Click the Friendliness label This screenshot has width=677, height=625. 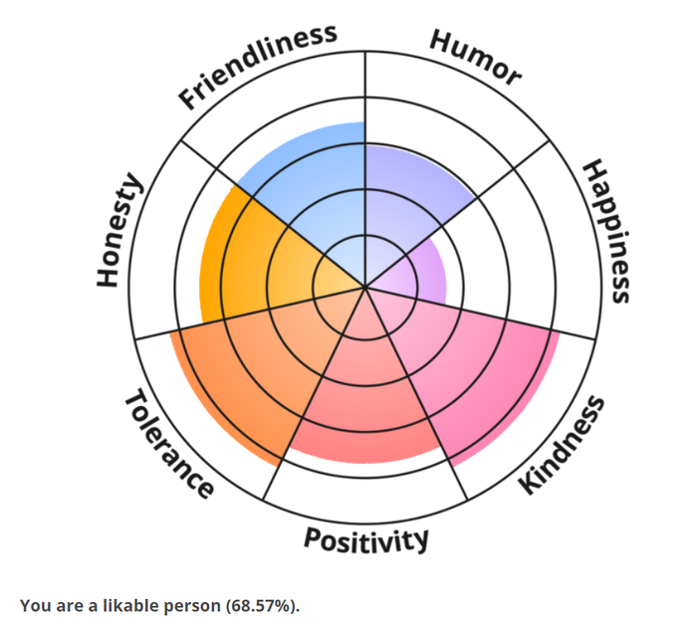257,66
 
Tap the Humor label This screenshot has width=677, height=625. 475,58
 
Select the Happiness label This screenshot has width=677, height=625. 606,231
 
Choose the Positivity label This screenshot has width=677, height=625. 366,539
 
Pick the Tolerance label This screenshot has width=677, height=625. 168,444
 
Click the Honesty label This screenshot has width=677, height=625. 120,231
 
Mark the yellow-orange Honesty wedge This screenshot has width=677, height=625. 249,264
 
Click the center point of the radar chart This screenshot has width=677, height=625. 365,289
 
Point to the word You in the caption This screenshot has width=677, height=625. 33,605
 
